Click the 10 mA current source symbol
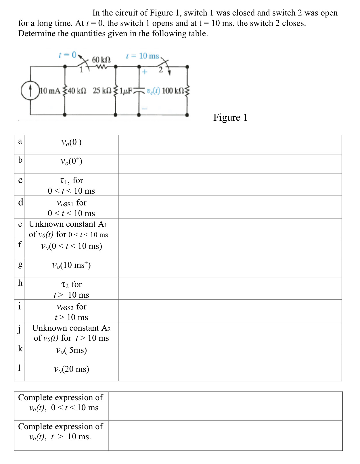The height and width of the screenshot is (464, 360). [x=30, y=91]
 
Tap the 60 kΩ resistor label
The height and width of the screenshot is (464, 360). [x=101, y=60]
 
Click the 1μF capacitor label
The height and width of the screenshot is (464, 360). [x=126, y=91]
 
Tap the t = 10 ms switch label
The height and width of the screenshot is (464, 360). [x=142, y=56]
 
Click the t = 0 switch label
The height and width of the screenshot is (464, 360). [x=68, y=55]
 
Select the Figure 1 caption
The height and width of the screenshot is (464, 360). [x=230, y=118]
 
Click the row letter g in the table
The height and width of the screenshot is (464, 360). [x=20, y=264]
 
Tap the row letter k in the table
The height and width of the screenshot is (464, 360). [x=20, y=349]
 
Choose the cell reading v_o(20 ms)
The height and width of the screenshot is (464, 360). [x=72, y=369]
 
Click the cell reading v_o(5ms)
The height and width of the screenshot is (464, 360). [x=72, y=350]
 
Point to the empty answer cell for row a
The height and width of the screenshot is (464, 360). [x=230, y=145]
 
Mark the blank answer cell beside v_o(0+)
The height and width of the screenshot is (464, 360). [x=230, y=163]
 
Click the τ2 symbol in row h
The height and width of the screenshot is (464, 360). [x=65, y=284]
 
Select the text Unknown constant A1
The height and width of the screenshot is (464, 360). [x=68, y=224]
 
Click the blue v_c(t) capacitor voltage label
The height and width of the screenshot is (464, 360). [x=153, y=91]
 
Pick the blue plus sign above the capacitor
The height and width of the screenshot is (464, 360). [x=144, y=72]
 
